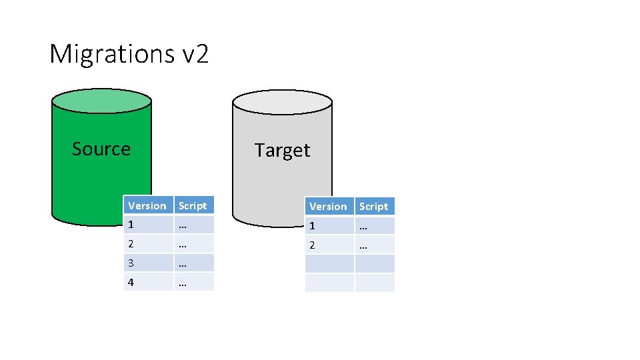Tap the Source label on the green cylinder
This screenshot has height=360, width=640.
pyautogui.click(x=101, y=149)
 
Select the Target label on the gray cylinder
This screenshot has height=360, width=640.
pyautogui.click(x=282, y=150)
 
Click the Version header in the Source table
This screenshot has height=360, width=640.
pyautogui.click(x=147, y=205)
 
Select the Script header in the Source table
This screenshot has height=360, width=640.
pyautogui.click(x=193, y=205)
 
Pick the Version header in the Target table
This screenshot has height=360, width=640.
pyautogui.click(x=329, y=207)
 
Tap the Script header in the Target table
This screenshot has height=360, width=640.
pyautogui.click(x=373, y=207)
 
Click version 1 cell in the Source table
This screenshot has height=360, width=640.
pyautogui.click(x=148, y=225)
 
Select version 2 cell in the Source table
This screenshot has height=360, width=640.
pyautogui.click(x=148, y=244)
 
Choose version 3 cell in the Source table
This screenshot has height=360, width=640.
pyautogui.click(x=148, y=263)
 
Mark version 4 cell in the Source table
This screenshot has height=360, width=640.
pyautogui.click(x=148, y=282)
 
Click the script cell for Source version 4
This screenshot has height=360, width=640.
pyautogui.click(x=194, y=282)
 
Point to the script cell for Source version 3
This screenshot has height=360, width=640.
pyautogui.click(x=194, y=263)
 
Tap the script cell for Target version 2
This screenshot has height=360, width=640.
pyautogui.click(x=374, y=245)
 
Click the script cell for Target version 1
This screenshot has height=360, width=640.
pyautogui.click(x=374, y=226)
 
